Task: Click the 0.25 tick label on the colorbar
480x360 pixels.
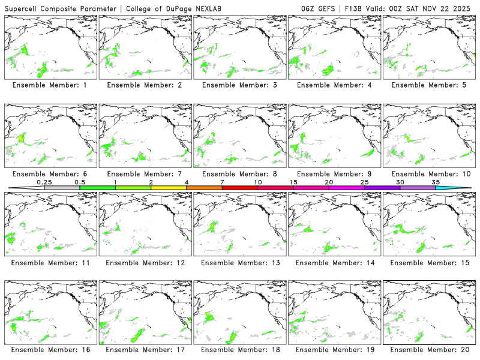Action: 44,182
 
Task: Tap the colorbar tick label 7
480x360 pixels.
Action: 223,182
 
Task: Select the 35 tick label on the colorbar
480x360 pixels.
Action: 436,182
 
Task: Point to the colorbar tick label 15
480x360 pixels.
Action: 293,182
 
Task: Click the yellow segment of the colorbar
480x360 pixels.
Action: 169,188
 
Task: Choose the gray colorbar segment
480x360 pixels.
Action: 62,188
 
